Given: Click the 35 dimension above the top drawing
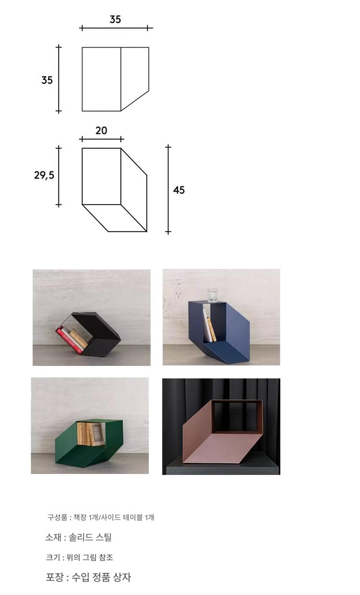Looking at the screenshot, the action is coord(115,19).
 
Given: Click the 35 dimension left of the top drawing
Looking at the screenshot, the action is coord(47,80).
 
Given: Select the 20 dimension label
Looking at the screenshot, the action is coord(101,131).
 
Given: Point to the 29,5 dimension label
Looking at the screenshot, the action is coord(44,175).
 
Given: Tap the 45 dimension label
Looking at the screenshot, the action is coord(179,190).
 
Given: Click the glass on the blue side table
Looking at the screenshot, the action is coord(212,295).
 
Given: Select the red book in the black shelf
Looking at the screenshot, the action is coord(70,340).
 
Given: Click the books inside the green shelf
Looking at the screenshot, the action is coord(89,434).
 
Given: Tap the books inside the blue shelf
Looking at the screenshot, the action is coord(210,326).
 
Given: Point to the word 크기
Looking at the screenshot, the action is coord(53,557).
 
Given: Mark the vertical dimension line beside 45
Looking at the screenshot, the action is coord(168,189).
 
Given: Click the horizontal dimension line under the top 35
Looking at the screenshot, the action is coord(116,28).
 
